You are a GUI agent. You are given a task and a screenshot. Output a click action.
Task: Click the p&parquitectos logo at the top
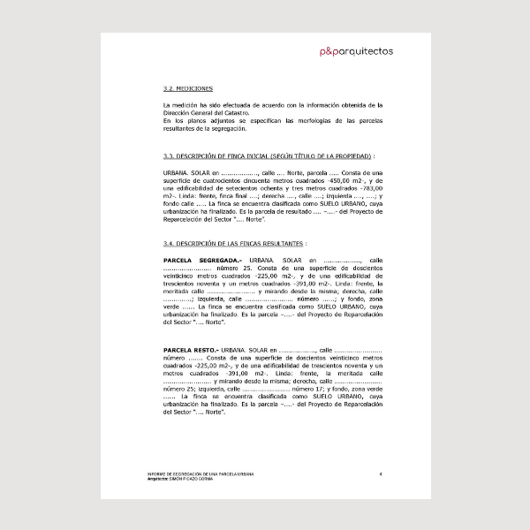pyautogui.click(x=357, y=51)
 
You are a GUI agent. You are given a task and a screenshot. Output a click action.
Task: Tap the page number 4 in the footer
pyautogui.click(x=380, y=475)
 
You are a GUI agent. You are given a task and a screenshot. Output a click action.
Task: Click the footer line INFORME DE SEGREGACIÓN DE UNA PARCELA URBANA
pyautogui.click(x=201, y=475)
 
